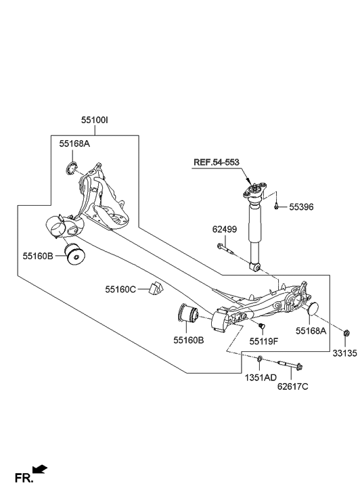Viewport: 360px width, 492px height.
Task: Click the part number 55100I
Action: (x=95, y=120)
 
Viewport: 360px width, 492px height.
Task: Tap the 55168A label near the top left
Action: (x=74, y=143)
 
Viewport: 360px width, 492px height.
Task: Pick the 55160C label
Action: (x=120, y=289)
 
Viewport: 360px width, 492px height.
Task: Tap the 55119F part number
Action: (x=264, y=342)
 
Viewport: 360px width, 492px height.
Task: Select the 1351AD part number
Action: (x=261, y=378)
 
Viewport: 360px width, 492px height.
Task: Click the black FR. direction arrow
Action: (x=40, y=468)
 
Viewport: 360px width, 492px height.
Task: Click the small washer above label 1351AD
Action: (x=260, y=357)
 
